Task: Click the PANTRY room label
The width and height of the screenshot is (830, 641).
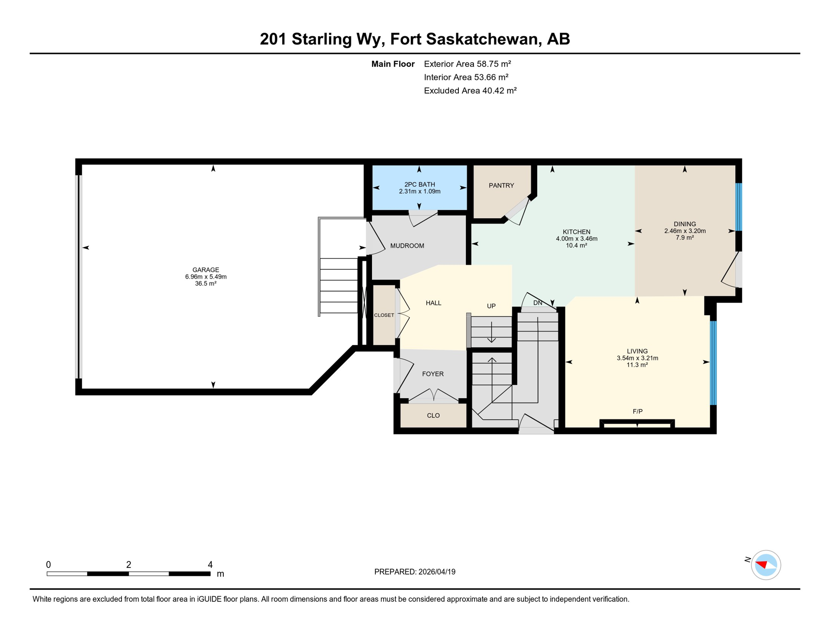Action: (501, 185)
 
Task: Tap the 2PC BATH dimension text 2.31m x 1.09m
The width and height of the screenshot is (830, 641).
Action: (419, 192)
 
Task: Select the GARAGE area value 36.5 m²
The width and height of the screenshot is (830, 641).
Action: (205, 284)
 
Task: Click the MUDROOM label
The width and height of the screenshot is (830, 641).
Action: (407, 246)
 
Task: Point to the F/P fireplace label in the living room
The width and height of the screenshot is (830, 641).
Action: (638, 411)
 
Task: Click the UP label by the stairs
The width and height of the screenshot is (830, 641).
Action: (491, 306)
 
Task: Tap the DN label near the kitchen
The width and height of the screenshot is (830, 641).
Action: (538, 303)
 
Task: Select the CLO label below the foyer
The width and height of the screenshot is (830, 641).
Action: (433, 416)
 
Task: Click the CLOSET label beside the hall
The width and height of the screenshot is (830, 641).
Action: (384, 315)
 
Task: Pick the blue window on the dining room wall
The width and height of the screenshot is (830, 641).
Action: (738, 207)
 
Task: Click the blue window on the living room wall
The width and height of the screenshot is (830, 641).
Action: (713, 363)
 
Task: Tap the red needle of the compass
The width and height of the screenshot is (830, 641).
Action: (762, 565)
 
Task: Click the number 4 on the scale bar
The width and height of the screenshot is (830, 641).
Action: (210, 565)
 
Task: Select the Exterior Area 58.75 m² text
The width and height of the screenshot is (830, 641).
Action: (467, 64)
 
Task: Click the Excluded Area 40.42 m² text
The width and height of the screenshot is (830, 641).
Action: (470, 91)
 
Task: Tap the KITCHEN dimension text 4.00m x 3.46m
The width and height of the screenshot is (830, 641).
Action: (576, 239)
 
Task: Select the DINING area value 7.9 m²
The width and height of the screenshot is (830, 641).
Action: (685, 237)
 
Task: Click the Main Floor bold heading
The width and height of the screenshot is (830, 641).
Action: (392, 64)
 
